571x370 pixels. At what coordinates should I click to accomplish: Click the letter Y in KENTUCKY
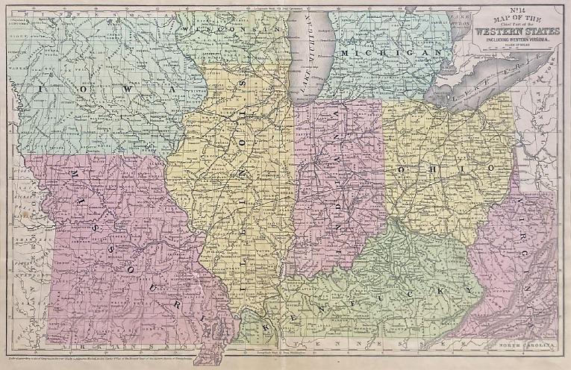471,287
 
